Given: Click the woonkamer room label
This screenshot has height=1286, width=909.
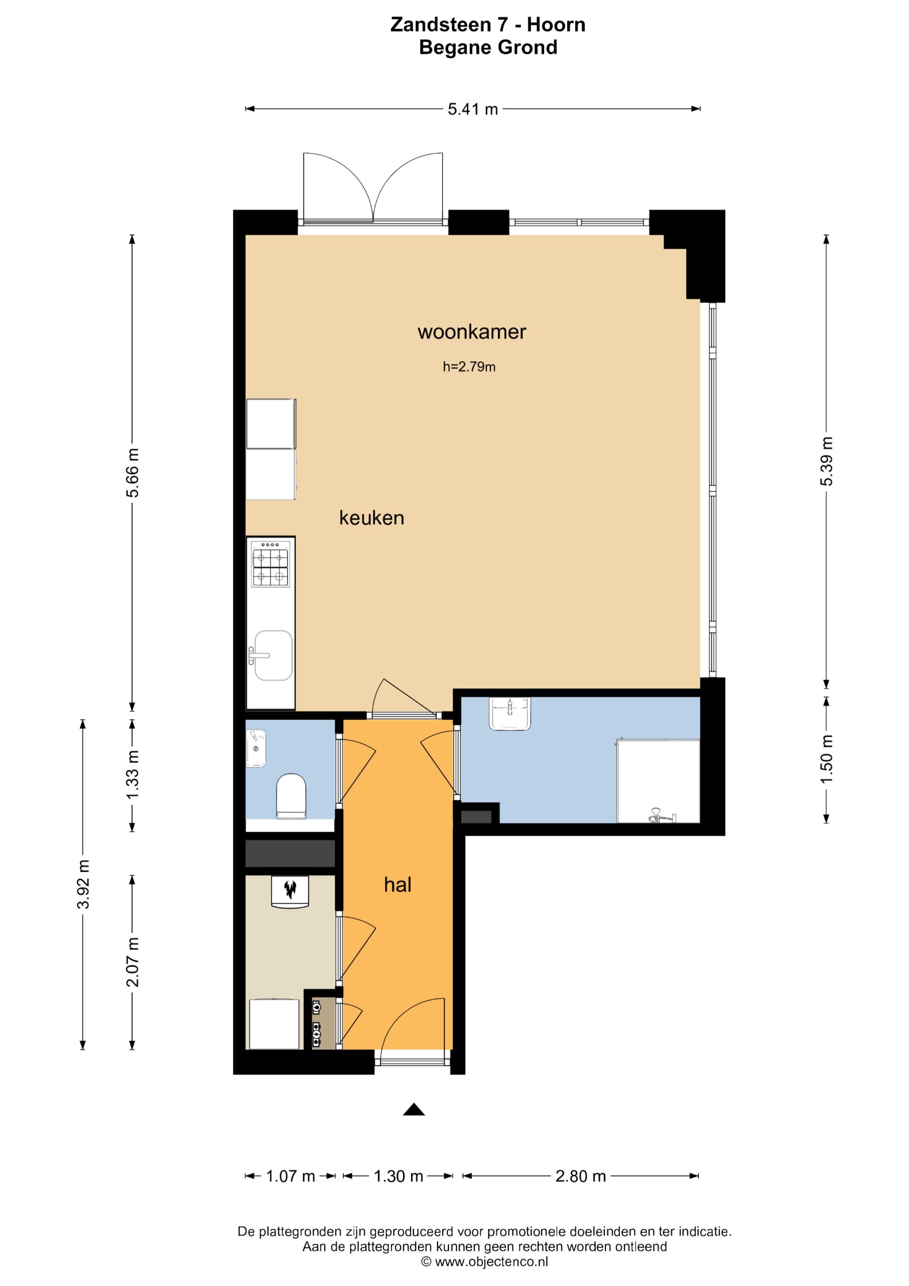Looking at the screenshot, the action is coord(472,332).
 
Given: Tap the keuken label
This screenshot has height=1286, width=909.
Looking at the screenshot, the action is coord(371,518).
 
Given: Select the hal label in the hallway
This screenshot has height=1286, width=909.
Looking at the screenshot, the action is coord(398,885).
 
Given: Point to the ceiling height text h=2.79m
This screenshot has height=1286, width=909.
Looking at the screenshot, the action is coord(469,367).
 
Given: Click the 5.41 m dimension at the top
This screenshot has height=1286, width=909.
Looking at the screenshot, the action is coord(473,109).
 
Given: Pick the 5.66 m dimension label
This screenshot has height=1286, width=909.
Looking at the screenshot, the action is coord(133,473).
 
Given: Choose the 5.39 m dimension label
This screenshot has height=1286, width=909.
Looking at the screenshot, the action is coord(827,461).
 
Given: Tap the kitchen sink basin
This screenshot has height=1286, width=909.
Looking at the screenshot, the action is coord(273,656).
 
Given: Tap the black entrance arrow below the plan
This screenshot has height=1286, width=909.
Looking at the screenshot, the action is coord(414,1109).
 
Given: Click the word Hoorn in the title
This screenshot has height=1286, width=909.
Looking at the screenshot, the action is coord(556,25).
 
